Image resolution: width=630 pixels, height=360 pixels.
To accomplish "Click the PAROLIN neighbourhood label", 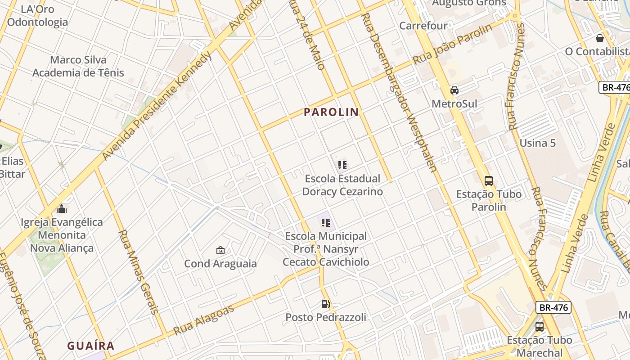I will tap(331, 112).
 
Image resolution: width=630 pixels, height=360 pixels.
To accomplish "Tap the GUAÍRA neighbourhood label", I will tap(91, 346).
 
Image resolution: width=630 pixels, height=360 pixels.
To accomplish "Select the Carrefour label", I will tap(423, 26).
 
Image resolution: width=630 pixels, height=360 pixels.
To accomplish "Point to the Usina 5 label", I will tap(538, 143).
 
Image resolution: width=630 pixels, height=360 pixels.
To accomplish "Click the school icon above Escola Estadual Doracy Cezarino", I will tap(342, 165).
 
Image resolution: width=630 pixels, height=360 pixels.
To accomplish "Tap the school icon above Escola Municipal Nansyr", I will tap(326, 222).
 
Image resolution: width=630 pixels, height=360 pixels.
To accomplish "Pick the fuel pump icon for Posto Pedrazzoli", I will tap(325, 304).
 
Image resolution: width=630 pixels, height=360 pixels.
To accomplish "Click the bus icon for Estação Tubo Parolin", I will tap(489, 181).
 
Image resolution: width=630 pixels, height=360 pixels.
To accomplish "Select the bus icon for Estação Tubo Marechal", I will tap(539, 327).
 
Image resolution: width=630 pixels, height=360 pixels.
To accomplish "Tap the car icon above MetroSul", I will tap(454, 90).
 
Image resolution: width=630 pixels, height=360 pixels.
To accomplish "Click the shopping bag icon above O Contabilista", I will tap(599, 38).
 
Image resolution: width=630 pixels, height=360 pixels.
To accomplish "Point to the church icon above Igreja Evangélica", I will tap(62, 209).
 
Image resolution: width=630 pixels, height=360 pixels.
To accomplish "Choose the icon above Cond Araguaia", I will tap(220, 250).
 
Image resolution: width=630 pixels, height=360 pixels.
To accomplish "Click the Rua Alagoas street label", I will tap(204, 320).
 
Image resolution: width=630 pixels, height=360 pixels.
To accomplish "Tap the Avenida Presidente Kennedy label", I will tap(156, 106).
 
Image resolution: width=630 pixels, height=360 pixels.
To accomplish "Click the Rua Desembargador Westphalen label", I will tap(400, 93).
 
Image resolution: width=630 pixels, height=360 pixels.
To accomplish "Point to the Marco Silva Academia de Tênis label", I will tap(78, 66).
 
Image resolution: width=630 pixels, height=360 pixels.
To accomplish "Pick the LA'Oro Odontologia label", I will tap(37, 16).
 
